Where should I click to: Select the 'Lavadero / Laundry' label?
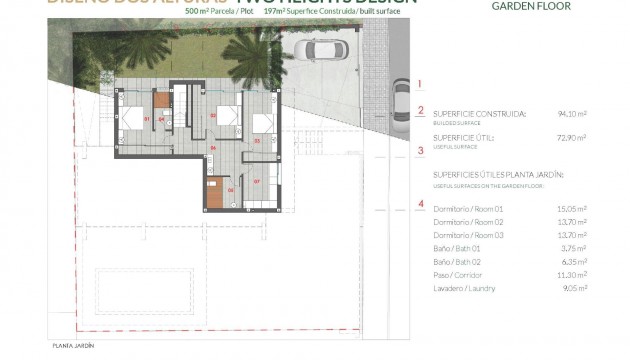pos(465,288)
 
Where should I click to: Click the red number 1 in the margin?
pos(421,85)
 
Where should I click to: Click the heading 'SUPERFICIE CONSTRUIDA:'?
pos(479,114)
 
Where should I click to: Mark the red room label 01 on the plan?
pos(146,120)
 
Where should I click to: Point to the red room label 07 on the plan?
pos(257,181)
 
